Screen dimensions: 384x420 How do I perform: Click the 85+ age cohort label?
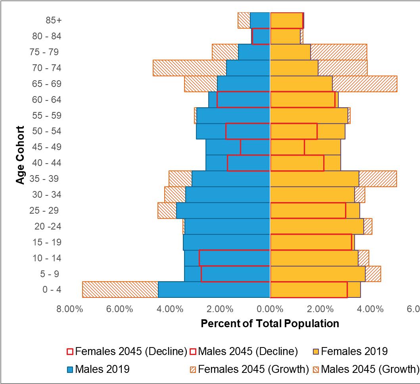coord(54,20)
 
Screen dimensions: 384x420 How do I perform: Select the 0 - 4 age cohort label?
coord(52,289)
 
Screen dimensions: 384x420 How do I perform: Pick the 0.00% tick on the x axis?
coord(270,309)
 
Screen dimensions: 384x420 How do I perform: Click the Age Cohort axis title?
coord(21,155)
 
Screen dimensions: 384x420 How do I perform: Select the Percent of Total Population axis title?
coord(270,323)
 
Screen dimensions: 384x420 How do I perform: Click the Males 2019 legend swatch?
coord(70,370)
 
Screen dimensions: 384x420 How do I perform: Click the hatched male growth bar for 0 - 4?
coord(120,289)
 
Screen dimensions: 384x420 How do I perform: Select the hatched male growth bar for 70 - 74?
coord(190,68)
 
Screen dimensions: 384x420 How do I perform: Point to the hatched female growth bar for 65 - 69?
coord(364,84)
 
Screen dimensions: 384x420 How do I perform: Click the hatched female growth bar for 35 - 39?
coord(378,179)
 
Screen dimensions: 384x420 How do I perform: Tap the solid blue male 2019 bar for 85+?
coord(260,20)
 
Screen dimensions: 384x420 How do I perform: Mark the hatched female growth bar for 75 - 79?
coord(339,52)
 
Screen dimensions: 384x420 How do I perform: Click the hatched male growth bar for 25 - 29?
coord(167,210)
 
